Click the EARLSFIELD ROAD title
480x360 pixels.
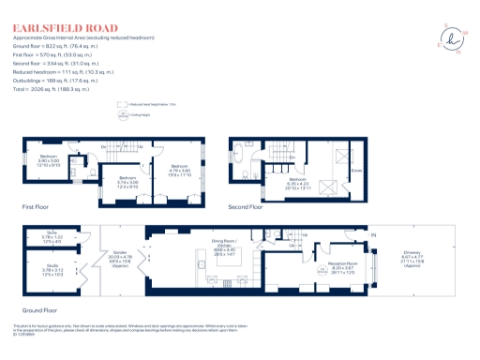pyautogui.click(x=65, y=28)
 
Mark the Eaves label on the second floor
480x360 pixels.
pyautogui.click(x=356, y=171)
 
